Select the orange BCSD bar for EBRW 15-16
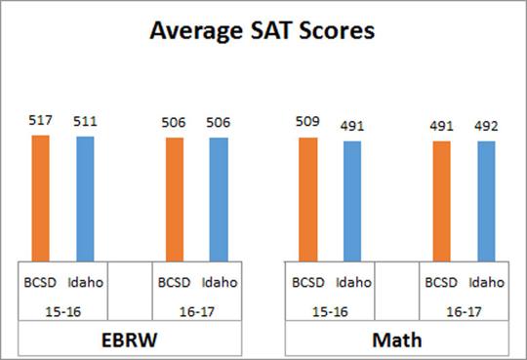[40, 198]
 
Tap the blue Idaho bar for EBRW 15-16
[85, 199]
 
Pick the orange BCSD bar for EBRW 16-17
[175, 200]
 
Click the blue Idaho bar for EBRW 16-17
[219, 200]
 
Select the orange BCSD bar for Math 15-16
[308, 200]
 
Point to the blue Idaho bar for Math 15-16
[352, 202]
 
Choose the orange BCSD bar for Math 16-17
[442, 202]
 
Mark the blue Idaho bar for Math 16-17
[486, 202]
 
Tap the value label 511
[85, 124]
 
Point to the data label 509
[308, 124]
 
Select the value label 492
[486, 128]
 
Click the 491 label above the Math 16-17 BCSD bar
[442, 128]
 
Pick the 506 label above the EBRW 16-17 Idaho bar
[219, 125]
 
